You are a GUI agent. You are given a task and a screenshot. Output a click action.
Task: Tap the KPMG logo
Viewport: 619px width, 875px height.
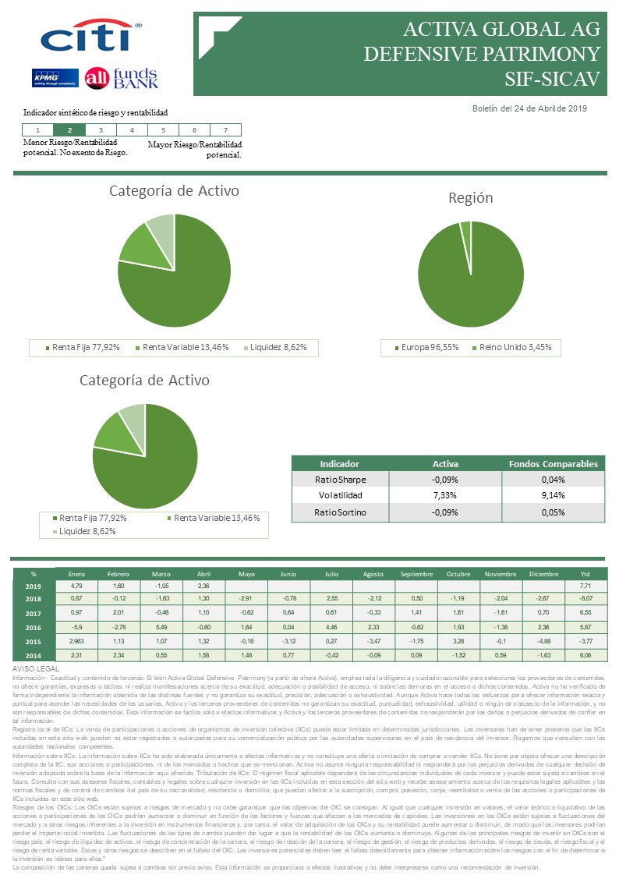pyautogui.click(x=54, y=78)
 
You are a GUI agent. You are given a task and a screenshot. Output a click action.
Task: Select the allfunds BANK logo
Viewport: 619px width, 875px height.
pyautogui.click(x=122, y=78)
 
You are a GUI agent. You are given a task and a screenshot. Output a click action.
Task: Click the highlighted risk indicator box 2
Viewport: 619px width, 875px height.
pyautogui.click(x=70, y=130)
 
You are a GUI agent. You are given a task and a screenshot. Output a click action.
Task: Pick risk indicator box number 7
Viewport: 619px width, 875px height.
pyautogui.click(x=225, y=130)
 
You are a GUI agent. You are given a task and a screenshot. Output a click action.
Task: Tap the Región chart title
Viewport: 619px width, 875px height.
pyautogui.click(x=470, y=198)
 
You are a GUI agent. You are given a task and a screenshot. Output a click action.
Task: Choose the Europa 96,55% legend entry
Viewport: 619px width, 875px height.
pyautogui.click(x=427, y=347)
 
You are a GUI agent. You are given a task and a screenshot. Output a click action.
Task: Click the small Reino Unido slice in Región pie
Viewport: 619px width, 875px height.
pyautogui.click(x=465, y=227)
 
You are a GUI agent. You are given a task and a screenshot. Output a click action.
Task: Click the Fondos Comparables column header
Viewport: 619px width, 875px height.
pyautogui.click(x=553, y=463)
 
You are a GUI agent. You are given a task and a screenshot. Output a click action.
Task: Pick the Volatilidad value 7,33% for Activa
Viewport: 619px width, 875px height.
pyautogui.click(x=445, y=496)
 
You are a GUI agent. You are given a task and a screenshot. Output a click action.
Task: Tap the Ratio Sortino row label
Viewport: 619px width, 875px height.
pyautogui.click(x=340, y=512)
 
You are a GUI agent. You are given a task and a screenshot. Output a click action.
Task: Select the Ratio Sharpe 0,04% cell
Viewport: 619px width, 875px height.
pyautogui.click(x=553, y=480)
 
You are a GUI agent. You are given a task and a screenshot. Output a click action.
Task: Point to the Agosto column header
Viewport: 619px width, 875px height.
pyautogui.click(x=373, y=574)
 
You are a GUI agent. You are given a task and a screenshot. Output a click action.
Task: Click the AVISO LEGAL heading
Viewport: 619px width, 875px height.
pyautogui.click(x=37, y=669)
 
